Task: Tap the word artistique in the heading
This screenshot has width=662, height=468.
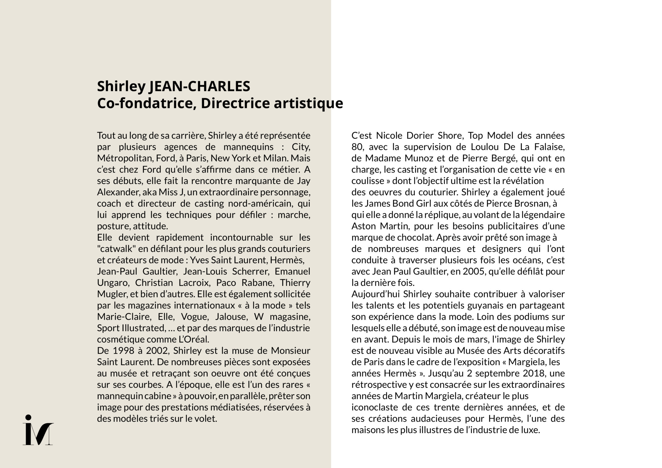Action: (x=308, y=103)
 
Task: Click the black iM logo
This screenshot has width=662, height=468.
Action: (x=38, y=430)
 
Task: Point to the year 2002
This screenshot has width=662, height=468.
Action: (x=157, y=351)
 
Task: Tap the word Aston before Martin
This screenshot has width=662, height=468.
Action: (x=364, y=226)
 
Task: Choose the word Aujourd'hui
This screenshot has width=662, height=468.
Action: (x=375, y=294)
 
